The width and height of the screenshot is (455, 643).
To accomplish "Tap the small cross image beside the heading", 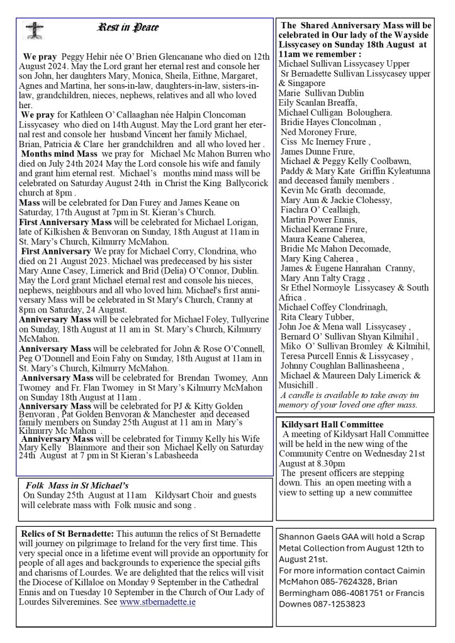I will click(33, 30).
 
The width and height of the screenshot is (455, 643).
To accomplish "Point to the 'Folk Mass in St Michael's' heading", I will click(77, 485).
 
